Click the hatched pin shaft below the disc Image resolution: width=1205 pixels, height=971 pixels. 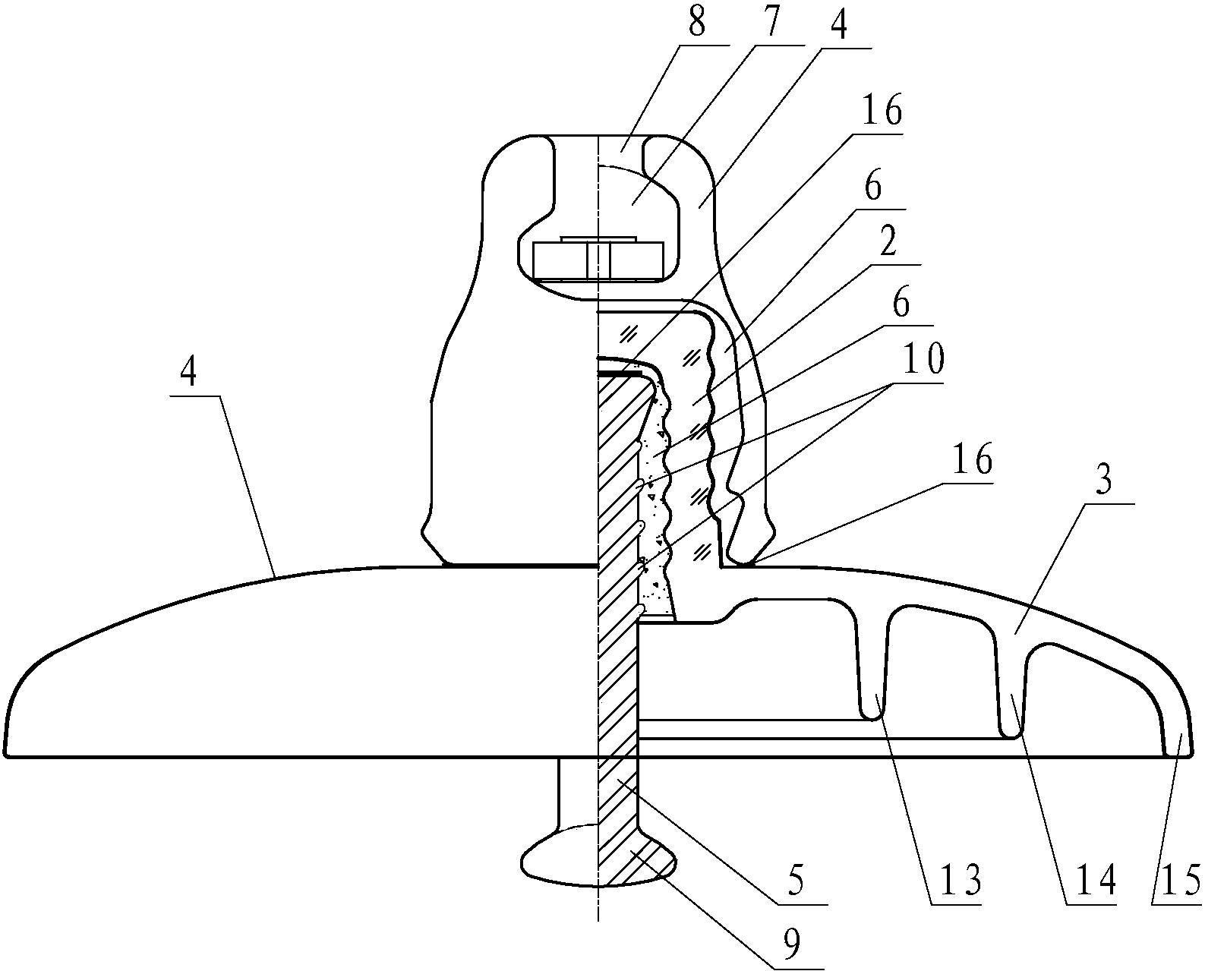click(618, 790)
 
